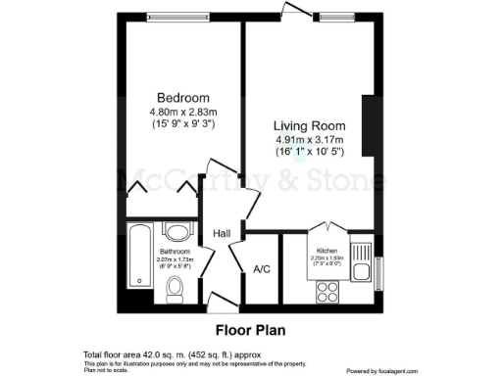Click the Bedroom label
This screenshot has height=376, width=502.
tap(183, 97)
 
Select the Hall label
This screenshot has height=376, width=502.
tap(223, 233)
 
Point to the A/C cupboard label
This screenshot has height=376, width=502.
tap(262, 269)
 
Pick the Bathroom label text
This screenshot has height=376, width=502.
tap(175, 252)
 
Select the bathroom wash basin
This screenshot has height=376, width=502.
tap(177, 232)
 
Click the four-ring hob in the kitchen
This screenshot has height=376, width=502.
tap(326, 290)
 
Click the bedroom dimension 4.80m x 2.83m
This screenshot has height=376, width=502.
tap(183, 111)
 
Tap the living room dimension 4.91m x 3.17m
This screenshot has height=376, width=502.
tap(309, 141)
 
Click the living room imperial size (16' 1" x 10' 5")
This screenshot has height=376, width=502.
tap(309, 154)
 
